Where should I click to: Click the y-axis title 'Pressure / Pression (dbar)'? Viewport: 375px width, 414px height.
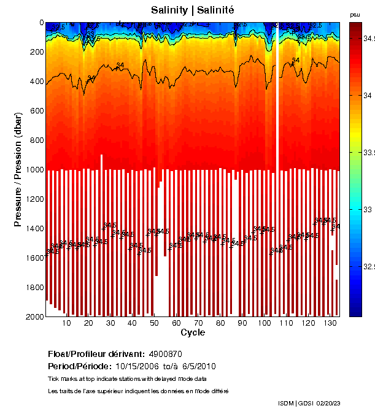click(18, 169)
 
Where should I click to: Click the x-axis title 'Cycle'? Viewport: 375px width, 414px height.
click(192, 332)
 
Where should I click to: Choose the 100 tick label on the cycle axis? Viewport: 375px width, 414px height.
click(265, 323)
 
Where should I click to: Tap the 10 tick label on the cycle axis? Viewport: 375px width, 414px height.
click(67, 323)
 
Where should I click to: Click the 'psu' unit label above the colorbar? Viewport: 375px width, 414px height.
click(354, 15)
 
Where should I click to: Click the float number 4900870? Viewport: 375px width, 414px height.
click(165, 354)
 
